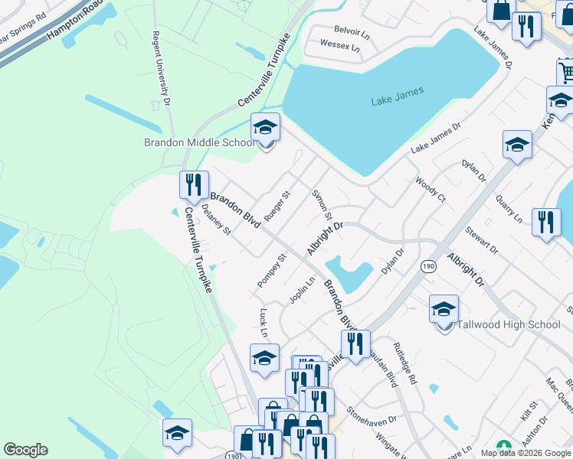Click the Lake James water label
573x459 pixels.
[397, 97]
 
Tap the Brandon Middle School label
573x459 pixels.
[199, 142]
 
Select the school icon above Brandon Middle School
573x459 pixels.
[266, 127]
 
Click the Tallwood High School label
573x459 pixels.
[509, 324]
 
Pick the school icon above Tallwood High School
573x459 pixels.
[444, 309]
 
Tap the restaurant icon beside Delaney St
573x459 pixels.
[194, 184]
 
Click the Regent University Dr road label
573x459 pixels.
[160, 68]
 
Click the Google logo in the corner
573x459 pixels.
[25, 450]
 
